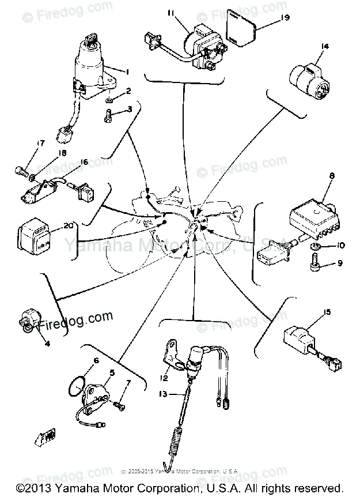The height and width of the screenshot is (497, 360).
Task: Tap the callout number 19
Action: click(x=285, y=17)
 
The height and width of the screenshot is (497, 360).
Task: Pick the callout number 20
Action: click(x=69, y=225)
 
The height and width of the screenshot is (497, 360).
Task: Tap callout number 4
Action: click(x=47, y=344)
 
